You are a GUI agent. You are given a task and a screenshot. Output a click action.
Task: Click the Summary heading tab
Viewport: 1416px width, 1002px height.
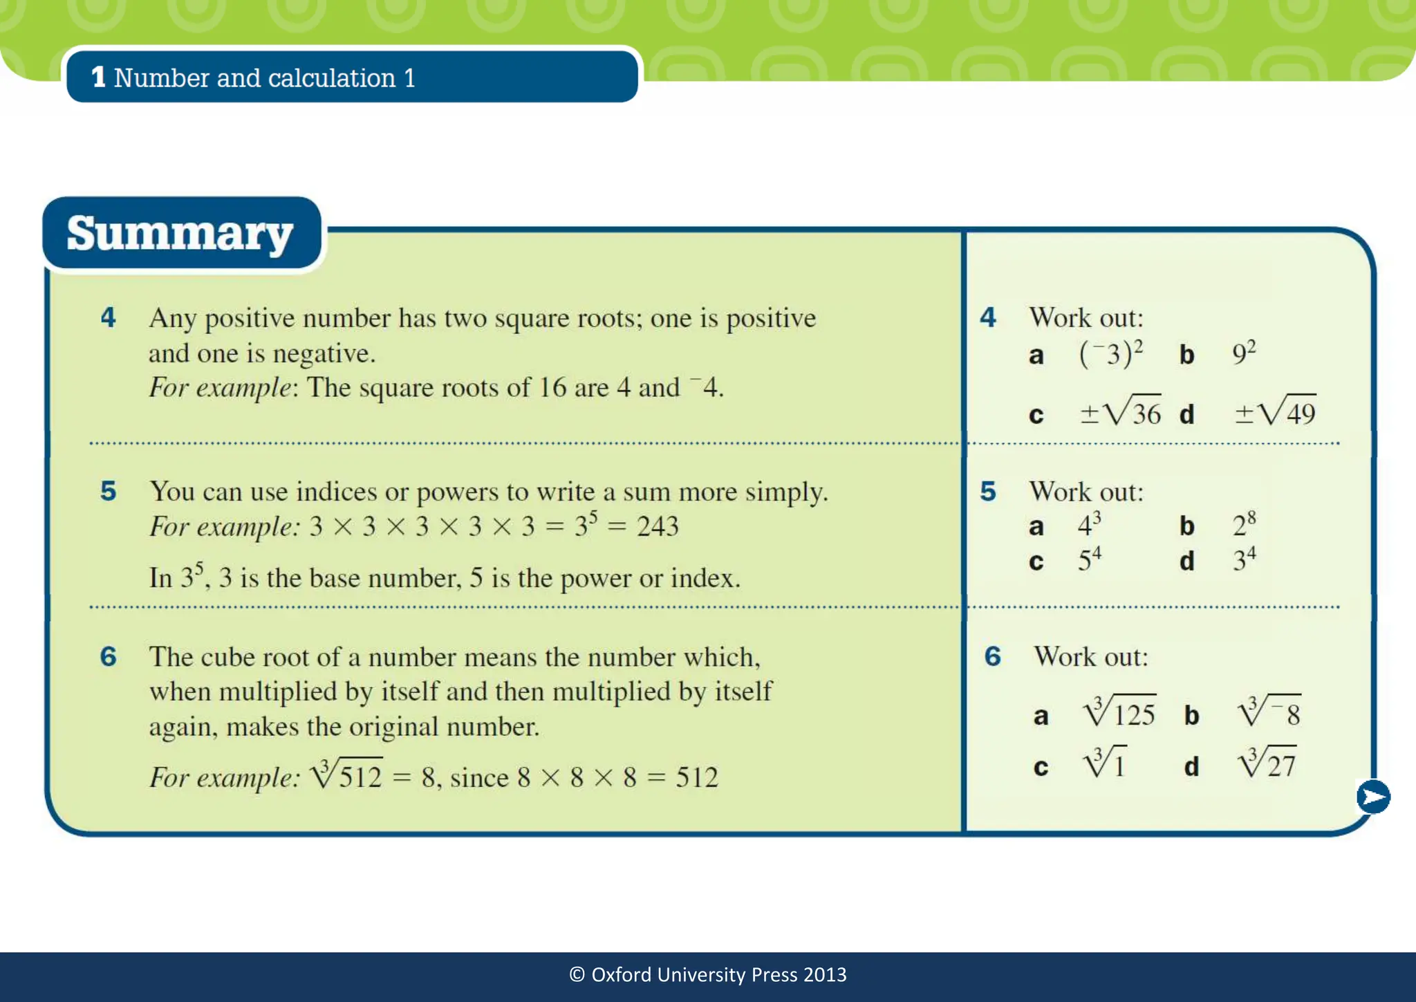click(x=181, y=234)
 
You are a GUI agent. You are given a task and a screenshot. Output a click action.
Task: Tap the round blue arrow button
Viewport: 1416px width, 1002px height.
click(x=1372, y=797)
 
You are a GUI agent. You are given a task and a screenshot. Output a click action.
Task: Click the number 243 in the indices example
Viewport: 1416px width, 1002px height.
click(x=658, y=527)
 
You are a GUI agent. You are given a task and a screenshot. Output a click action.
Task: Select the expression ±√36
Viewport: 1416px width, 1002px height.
click(x=1120, y=413)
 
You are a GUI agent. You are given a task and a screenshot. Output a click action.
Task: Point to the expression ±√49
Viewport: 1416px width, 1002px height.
click(x=1275, y=413)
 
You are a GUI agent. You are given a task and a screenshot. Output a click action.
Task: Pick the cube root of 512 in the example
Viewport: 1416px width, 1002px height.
click(x=346, y=776)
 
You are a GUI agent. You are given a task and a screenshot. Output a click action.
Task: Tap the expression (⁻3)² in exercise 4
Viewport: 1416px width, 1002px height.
click(x=1110, y=354)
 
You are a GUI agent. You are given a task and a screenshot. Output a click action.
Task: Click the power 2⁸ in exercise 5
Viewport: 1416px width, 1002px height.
click(x=1244, y=526)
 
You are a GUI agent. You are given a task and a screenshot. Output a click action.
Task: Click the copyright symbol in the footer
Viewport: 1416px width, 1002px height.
click(x=577, y=975)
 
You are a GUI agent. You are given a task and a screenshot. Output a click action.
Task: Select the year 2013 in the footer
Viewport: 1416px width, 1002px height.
click(x=825, y=975)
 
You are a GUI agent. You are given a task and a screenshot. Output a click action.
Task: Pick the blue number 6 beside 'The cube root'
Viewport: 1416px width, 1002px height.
click(x=109, y=657)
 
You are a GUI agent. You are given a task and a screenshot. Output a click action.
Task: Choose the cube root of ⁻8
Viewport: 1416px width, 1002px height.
click(x=1269, y=712)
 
